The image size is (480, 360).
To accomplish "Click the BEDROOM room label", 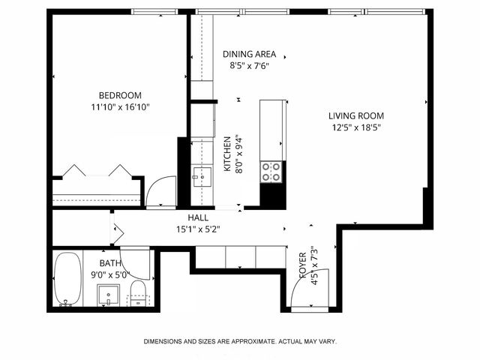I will tap(120, 94).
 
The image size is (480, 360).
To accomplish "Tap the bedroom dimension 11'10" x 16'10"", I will tap(120, 106).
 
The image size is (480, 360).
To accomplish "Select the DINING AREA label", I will tap(250, 54).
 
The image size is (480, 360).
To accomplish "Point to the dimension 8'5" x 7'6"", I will tap(250, 65).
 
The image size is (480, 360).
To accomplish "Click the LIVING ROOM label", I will tap(355, 115).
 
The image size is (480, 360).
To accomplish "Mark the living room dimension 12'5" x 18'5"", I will tap(355, 127).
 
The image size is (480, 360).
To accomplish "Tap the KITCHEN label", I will tap(227, 154).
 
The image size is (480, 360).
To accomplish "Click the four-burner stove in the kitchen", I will tap(271, 172).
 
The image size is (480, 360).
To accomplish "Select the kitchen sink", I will tap(201, 178).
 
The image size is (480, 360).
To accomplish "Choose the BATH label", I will tap(110, 262).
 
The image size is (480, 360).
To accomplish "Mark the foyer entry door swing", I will tap(301, 292).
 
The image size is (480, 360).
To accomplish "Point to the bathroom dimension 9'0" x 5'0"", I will tap(110, 274).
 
